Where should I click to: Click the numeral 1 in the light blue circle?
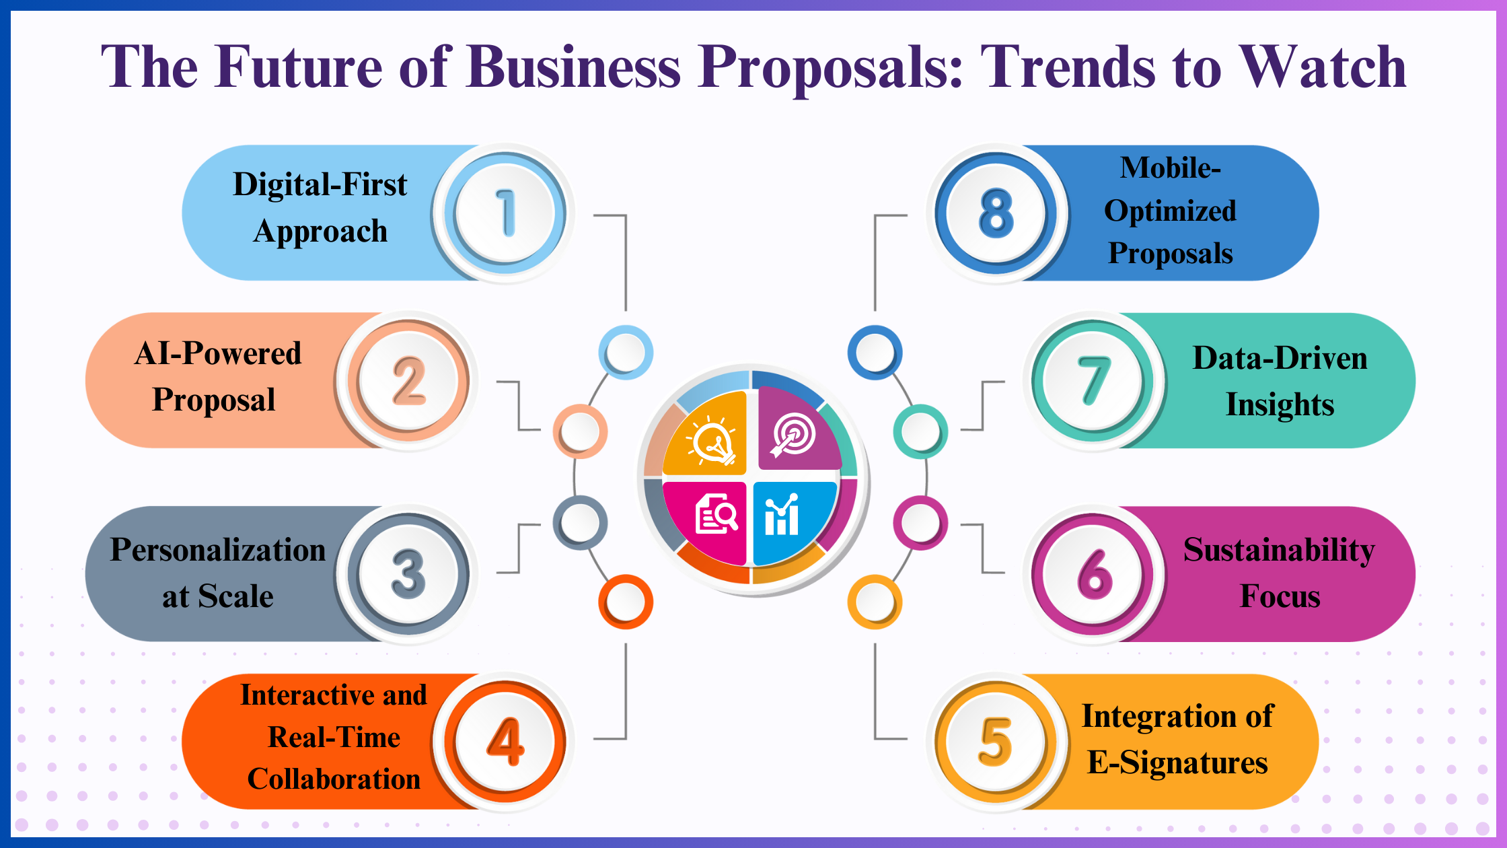(x=506, y=213)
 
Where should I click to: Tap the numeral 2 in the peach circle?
(x=409, y=381)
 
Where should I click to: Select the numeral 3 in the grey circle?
(x=408, y=574)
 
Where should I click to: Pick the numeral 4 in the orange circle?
(x=506, y=741)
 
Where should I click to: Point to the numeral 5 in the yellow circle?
(x=996, y=741)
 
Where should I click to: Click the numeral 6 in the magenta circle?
(x=1095, y=574)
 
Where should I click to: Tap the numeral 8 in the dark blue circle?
(x=996, y=213)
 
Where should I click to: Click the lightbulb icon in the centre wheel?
(x=712, y=440)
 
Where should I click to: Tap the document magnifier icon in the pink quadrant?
(x=715, y=515)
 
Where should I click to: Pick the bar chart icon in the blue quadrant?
(x=782, y=515)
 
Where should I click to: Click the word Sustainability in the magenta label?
(x=1279, y=551)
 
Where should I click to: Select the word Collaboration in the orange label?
(x=334, y=779)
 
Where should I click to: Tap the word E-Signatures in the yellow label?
(x=1177, y=763)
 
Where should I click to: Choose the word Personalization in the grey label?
(x=217, y=551)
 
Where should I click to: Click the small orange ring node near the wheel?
(x=626, y=602)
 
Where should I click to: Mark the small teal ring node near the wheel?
(x=920, y=431)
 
